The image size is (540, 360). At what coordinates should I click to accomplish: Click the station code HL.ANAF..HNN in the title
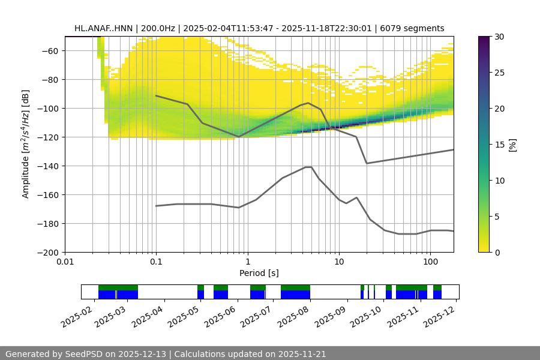click(105, 28)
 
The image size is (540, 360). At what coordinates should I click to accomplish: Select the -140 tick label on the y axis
click(49, 166)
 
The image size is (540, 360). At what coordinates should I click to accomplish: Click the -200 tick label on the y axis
click(49, 252)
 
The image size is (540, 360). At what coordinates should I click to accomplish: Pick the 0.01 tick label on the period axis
click(65, 262)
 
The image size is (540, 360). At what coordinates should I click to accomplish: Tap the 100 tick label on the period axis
click(430, 262)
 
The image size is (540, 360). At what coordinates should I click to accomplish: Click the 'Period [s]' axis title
click(259, 273)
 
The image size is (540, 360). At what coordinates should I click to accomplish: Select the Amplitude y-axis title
click(26, 144)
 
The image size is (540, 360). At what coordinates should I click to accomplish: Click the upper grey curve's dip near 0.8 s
click(239, 137)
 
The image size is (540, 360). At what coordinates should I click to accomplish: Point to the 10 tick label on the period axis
click(338, 262)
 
